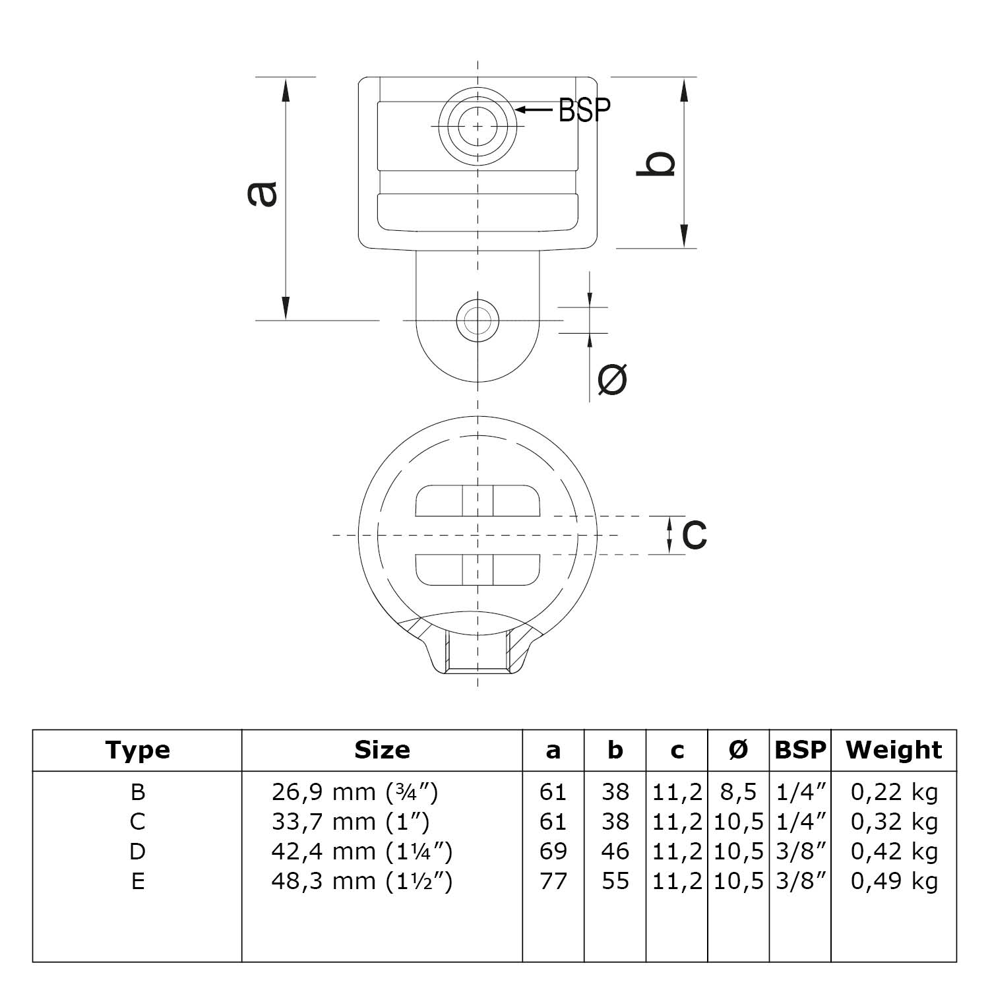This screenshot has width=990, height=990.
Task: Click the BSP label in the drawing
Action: (584, 110)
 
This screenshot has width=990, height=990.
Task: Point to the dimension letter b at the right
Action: (656, 164)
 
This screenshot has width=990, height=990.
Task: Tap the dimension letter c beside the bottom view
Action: (694, 534)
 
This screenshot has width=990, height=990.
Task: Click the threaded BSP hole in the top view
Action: (478, 125)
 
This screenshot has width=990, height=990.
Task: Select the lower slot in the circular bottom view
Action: (478, 569)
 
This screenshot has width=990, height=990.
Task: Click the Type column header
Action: (137, 750)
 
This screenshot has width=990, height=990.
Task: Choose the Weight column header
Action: (894, 750)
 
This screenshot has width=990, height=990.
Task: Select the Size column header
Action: (382, 750)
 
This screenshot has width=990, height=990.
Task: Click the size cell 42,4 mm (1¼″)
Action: (361, 851)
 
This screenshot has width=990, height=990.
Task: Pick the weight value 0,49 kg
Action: (894, 881)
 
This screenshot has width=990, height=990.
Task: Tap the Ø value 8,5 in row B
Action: (739, 791)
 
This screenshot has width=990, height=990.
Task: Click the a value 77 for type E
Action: (553, 881)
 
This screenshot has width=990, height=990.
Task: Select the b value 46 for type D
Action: (615, 851)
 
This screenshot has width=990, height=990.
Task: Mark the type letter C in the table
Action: (137, 822)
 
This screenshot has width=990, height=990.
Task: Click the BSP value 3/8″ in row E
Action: (800, 881)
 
